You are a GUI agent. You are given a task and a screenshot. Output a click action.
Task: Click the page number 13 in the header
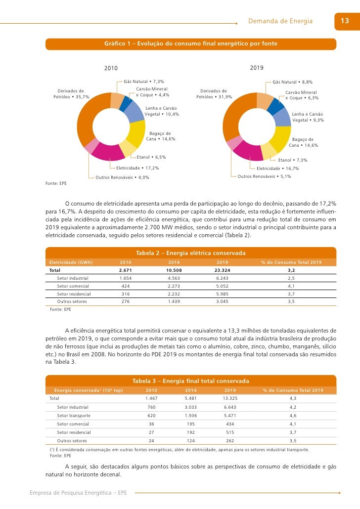tap(345, 21)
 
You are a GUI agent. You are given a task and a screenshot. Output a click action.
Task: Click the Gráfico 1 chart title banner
tap(190, 44)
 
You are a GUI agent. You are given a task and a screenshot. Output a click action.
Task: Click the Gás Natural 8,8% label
tap(292, 82)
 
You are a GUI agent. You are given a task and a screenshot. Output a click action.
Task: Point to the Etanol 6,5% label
tap(151, 157)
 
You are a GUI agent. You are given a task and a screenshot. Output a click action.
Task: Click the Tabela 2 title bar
tap(190, 253)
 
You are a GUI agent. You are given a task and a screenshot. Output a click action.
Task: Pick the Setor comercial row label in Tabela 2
tap(73, 286)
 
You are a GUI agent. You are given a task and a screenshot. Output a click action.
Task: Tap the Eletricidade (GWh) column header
tap(71, 262)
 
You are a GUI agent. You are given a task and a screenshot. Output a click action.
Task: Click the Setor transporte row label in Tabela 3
tap(74, 416)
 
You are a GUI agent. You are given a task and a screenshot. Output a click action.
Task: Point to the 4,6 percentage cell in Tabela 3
tap(293, 416)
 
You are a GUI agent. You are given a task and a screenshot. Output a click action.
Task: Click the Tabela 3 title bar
tap(190, 381)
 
